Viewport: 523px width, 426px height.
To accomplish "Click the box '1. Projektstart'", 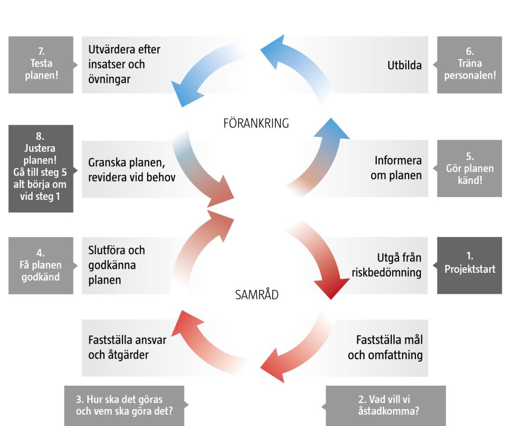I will click(x=469, y=265).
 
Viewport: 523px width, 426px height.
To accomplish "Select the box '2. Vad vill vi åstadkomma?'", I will click(x=386, y=406).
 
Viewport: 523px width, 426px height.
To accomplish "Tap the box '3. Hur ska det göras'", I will click(x=124, y=406).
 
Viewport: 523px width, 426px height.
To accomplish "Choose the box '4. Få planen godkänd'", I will click(x=41, y=265).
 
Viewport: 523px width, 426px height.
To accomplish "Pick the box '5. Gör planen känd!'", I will click(x=469, y=168).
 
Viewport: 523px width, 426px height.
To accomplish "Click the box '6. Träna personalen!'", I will click(x=469, y=64).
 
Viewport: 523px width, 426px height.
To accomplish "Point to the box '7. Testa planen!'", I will click(x=41, y=64).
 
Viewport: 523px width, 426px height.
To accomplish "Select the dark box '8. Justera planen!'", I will click(x=41, y=169).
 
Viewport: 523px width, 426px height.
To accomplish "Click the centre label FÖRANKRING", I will click(x=256, y=123).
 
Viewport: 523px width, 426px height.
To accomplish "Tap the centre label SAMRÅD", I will click(x=257, y=295).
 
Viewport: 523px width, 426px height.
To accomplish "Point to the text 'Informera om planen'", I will click(x=398, y=168).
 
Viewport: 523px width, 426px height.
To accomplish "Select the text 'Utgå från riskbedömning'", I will click(x=387, y=265).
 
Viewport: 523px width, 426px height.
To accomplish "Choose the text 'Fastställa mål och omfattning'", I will click(x=386, y=347).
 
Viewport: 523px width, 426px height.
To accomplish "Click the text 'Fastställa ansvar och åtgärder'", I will click(x=127, y=347).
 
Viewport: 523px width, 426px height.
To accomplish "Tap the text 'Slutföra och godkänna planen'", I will click(x=116, y=265).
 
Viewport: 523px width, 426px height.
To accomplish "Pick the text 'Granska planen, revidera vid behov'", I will click(x=132, y=170).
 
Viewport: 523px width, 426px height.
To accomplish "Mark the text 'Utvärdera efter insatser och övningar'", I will click(x=124, y=64).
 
